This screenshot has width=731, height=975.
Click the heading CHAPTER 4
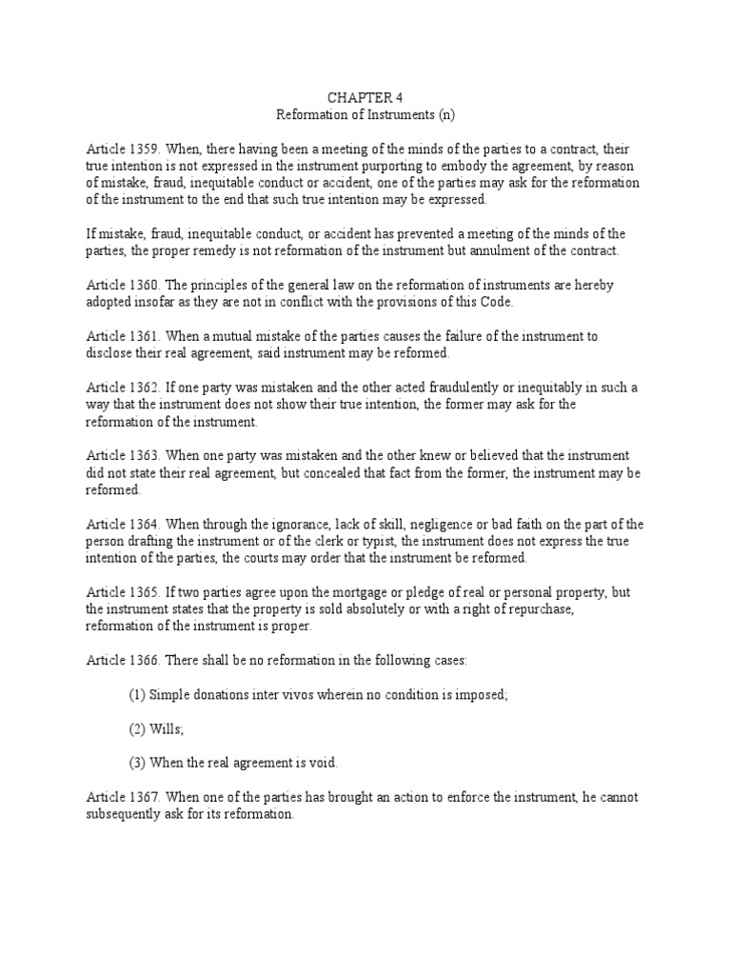pyautogui.click(x=365, y=97)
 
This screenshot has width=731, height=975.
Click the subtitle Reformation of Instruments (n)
pyautogui.click(x=365, y=114)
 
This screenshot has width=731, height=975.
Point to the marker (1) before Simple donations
pyautogui.click(x=137, y=695)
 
